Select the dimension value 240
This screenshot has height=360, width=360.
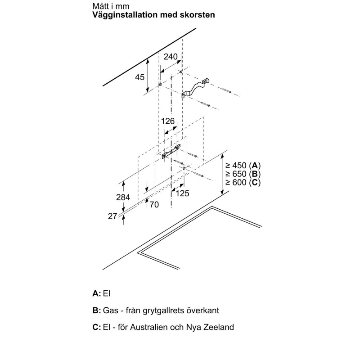click(171, 57)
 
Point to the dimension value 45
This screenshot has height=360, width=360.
click(139, 77)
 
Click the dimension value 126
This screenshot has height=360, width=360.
click(167, 121)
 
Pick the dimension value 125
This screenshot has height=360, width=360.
click(182, 193)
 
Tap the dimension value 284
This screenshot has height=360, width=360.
click(122, 197)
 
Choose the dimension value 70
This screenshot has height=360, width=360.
click(154, 205)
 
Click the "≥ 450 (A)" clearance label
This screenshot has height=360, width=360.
click(243, 165)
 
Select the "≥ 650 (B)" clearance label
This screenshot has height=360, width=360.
click(243, 174)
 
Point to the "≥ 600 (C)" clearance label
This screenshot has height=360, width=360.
click(243, 182)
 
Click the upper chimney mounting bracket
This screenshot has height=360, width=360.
click(195, 89)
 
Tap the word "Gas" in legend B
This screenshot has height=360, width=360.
click(110, 310)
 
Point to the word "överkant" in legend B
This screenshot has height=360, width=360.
click(202, 310)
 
